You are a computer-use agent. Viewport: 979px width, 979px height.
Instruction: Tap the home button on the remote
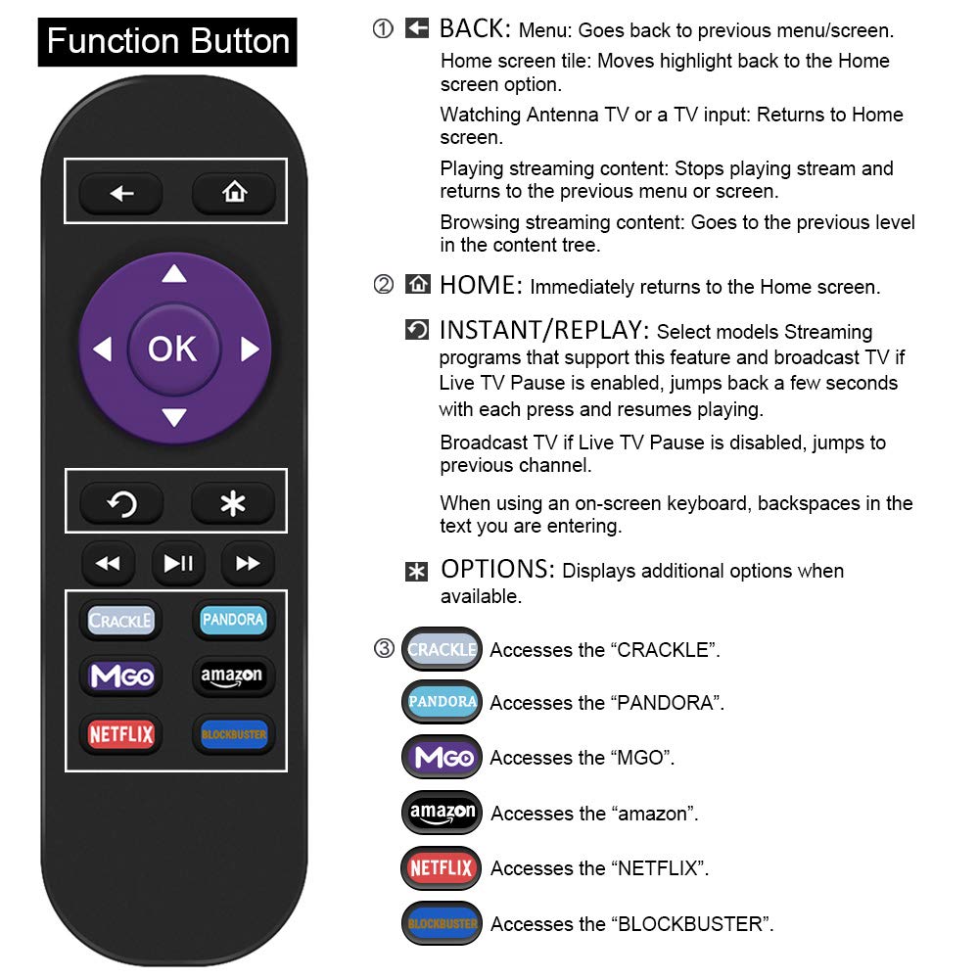pyautogui.click(x=234, y=193)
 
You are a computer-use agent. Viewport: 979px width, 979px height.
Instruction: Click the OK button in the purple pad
pyautogui.click(x=172, y=349)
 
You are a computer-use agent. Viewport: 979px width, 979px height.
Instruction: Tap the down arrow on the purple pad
pyautogui.click(x=173, y=418)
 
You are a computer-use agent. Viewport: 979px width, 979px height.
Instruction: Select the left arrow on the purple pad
pyautogui.click(x=103, y=349)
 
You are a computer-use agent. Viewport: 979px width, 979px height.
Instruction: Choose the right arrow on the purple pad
pyautogui.click(x=249, y=349)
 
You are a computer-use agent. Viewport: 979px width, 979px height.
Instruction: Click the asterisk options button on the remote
pyautogui.click(x=233, y=504)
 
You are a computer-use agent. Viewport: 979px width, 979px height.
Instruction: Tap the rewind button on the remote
pyautogui.click(x=108, y=563)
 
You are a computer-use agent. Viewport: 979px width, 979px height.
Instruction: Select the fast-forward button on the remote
pyautogui.click(x=248, y=563)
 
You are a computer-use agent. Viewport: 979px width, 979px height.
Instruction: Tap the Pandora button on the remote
pyautogui.click(x=233, y=620)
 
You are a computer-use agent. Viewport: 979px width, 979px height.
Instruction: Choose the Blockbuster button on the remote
pyautogui.click(x=233, y=733)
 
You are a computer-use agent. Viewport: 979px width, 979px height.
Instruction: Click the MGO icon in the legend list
pyautogui.click(x=443, y=758)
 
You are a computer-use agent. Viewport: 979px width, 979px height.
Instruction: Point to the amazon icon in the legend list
pyautogui.click(x=443, y=812)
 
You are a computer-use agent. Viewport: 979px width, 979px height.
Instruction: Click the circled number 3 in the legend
pyautogui.click(x=385, y=648)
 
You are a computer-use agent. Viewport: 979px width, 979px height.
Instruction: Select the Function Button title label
pyautogui.click(x=167, y=42)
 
